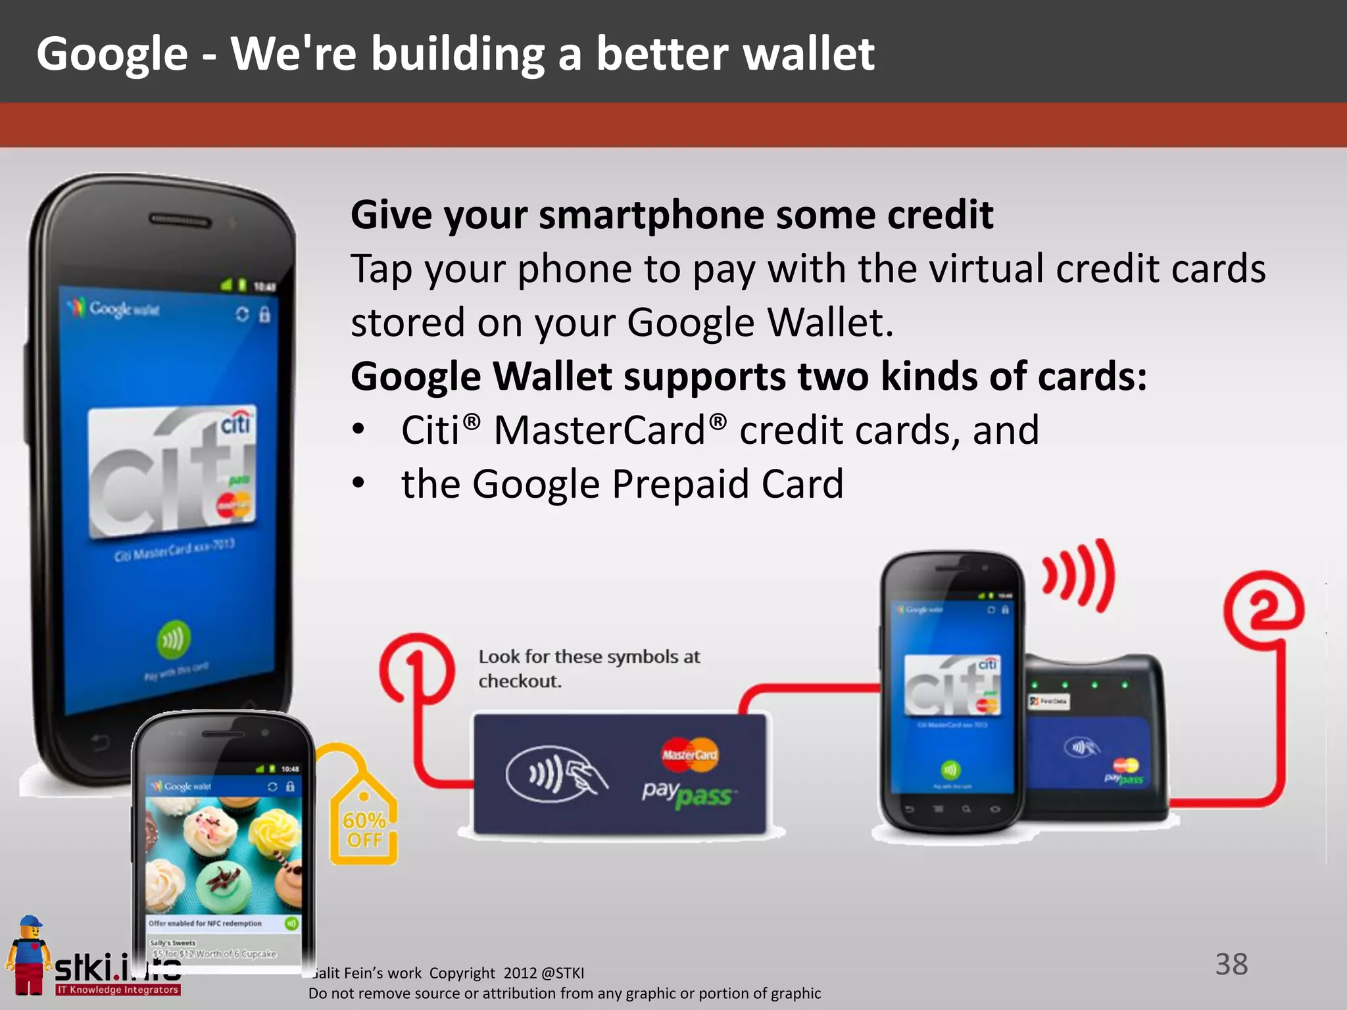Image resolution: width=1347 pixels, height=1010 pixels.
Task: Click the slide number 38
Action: pos(1231,964)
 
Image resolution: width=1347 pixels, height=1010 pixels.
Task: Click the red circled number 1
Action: pos(416,667)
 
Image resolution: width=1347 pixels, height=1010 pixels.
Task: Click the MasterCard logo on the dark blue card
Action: pos(689,755)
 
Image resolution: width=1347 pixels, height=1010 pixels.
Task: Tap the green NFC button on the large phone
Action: pos(173,638)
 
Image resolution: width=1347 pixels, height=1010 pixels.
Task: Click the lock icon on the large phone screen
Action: pos(264,314)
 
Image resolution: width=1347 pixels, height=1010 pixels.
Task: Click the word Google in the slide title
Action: pos(112,54)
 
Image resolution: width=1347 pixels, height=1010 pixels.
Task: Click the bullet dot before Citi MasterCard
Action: pos(358,430)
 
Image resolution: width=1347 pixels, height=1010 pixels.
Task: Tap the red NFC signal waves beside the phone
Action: pos(1079,575)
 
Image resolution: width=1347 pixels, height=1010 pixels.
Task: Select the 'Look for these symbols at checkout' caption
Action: pos(589,668)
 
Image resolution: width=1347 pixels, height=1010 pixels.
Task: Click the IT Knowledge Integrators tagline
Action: pos(118,990)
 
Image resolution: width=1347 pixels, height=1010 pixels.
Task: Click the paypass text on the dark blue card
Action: pos(687,794)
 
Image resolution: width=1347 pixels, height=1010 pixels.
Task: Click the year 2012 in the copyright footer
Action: pos(520,973)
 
